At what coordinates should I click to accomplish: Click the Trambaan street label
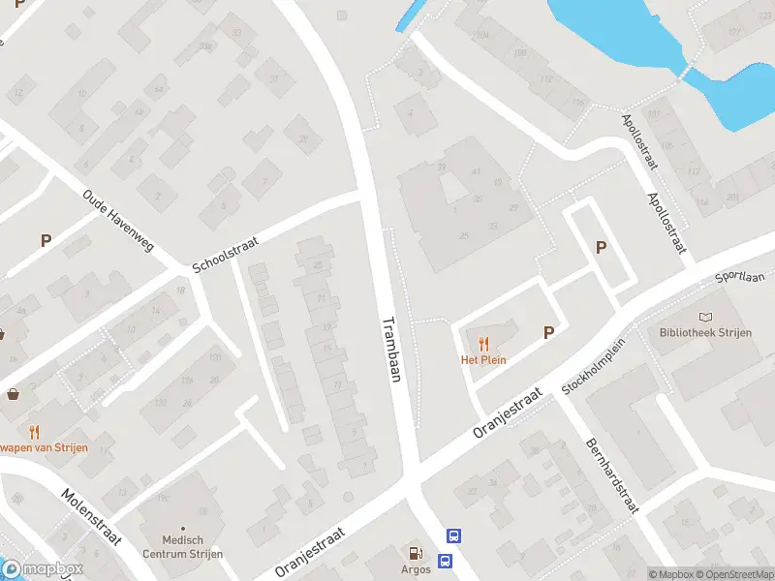tap(391, 350)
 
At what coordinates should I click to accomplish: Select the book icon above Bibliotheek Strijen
tap(705, 317)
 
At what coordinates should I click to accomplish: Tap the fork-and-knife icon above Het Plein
tap(483, 343)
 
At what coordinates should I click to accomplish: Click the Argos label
tap(416, 569)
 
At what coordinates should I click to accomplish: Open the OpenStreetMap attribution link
tap(732, 574)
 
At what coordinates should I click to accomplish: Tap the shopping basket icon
tap(15, 394)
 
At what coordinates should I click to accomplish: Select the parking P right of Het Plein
tap(548, 332)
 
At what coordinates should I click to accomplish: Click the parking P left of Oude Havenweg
tap(46, 240)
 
